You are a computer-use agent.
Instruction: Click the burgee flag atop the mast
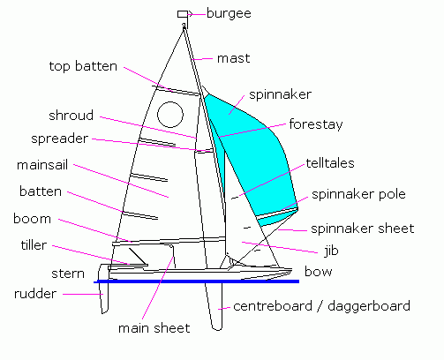pos(183,14)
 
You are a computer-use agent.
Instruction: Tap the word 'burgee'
pos(228,13)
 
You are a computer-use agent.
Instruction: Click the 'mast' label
pos(233,58)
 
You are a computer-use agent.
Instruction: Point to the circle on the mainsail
pos(169,113)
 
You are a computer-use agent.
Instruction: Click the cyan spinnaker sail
pos(252,150)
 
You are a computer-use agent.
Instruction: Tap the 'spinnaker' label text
pos(280,93)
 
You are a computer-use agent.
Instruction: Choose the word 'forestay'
pos(314,124)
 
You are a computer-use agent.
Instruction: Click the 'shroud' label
pos(71,116)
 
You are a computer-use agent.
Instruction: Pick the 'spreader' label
pos(59,139)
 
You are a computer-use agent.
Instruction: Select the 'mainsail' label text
pos(42,164)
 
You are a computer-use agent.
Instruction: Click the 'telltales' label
pos(331,163)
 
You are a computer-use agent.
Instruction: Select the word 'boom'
pos(32,218)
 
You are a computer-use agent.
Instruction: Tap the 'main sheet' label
pos(154,328)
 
